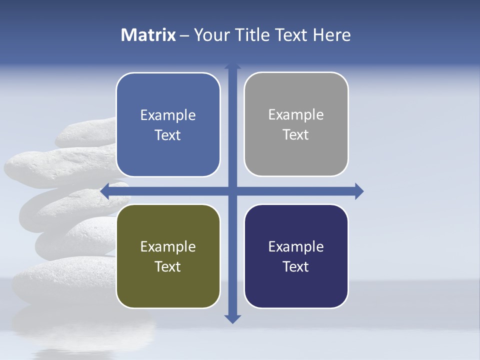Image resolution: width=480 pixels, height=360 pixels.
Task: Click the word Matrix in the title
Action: [148, 35]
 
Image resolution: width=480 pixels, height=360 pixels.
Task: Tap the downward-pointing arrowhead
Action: [232, 319]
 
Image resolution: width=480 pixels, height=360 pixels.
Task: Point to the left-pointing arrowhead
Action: [105, 190]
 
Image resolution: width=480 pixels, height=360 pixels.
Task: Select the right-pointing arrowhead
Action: [359, 191]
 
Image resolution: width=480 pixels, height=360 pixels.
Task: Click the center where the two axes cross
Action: [232, 191]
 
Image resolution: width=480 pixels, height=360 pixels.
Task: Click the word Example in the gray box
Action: [296, 115]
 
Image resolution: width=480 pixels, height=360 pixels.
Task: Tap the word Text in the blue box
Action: [168, 135]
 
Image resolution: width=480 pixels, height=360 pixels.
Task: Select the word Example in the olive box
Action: [168, 246]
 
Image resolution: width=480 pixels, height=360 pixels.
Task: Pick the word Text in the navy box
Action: [296, 266]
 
